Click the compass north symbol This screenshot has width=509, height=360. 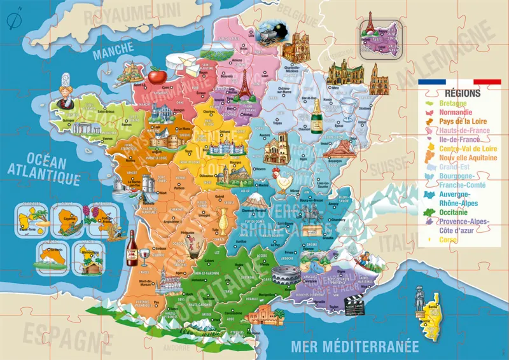pyautogui.click(x=11, y=20)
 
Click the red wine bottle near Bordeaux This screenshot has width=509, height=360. pyautogui.click(x=132, y=247)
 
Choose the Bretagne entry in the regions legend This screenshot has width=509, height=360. pyautogui.click(x=453, y=103)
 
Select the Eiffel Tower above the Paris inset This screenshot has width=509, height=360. pyautogui.click(x=368, y=21)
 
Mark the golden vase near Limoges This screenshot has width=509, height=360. pyautogui.click(x=223, y=219)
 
